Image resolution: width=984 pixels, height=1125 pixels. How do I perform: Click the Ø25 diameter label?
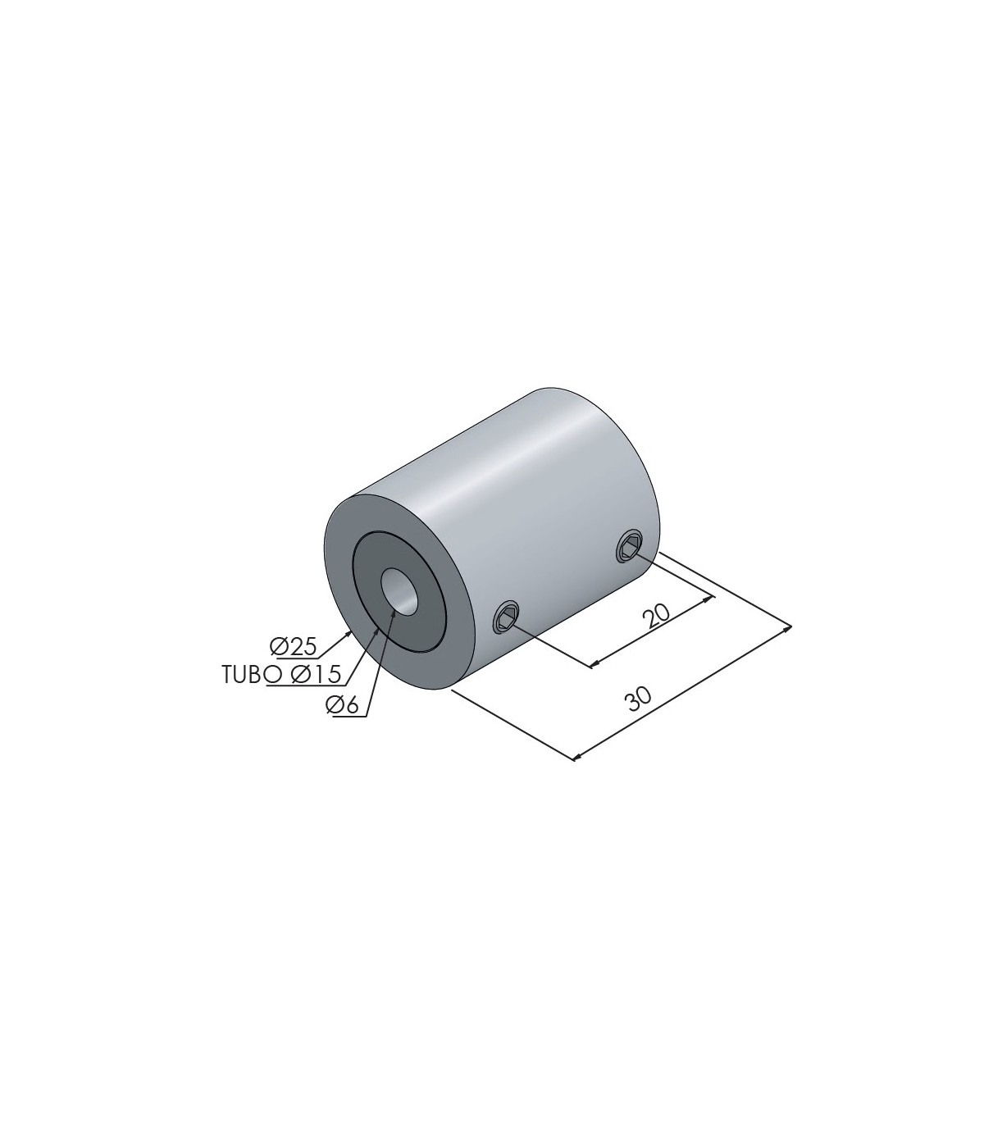[294, 647]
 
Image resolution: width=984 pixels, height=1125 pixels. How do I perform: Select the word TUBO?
[244, 674]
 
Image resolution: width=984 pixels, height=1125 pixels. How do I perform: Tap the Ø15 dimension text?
[317, 674]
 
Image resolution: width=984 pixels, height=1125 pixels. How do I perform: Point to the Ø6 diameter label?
[341, 704]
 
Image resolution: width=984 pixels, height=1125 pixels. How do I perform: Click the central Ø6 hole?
[399, 590]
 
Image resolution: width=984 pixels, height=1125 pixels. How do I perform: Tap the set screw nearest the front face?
[506, 618]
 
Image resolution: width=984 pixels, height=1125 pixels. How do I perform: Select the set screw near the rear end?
[630, 548]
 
